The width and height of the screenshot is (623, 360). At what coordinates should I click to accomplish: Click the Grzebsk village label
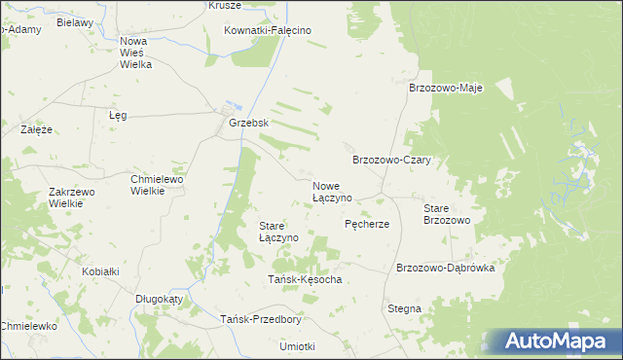pyautogui.click(x=248, y=125)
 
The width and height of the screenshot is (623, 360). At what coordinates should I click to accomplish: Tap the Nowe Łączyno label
pyautogui.click(x=332, y=191)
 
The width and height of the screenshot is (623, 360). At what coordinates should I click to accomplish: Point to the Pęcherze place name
pyautogui.click(x=367, y=224)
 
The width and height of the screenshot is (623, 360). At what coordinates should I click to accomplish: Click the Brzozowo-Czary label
pyautogui.click(x=391, y=160)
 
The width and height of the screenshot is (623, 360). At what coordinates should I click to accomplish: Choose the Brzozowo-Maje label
pyautogui.click(x=446, y=87)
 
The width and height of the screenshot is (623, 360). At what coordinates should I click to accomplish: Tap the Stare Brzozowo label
pyautogui.click(x=447, y=214)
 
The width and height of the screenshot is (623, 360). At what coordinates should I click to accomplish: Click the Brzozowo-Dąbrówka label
pyautogui.click(x=446, y=268)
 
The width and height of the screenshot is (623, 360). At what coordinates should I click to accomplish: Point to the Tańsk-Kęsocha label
pyautogui.click(x=305, y=280)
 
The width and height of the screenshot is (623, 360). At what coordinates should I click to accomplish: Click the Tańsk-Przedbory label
pyautogui.click(x=261, y=319)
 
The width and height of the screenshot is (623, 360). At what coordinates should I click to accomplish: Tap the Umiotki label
pyautogui.click(x=297, y=346)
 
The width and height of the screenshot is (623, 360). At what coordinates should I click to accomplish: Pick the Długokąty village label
pyautogui.click(x=159, y=300)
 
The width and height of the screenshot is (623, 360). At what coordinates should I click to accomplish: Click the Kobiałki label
pyautogui.click(x=100, y=271)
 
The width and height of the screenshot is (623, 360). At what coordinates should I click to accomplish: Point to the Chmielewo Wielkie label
pyautogui.click(x=158, y=185)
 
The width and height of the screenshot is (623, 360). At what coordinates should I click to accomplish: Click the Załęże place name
pyautogui.click(x=36, y=128)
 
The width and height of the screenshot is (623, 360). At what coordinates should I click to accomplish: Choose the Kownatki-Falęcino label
pyautogui.click(x=267, y=30)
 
